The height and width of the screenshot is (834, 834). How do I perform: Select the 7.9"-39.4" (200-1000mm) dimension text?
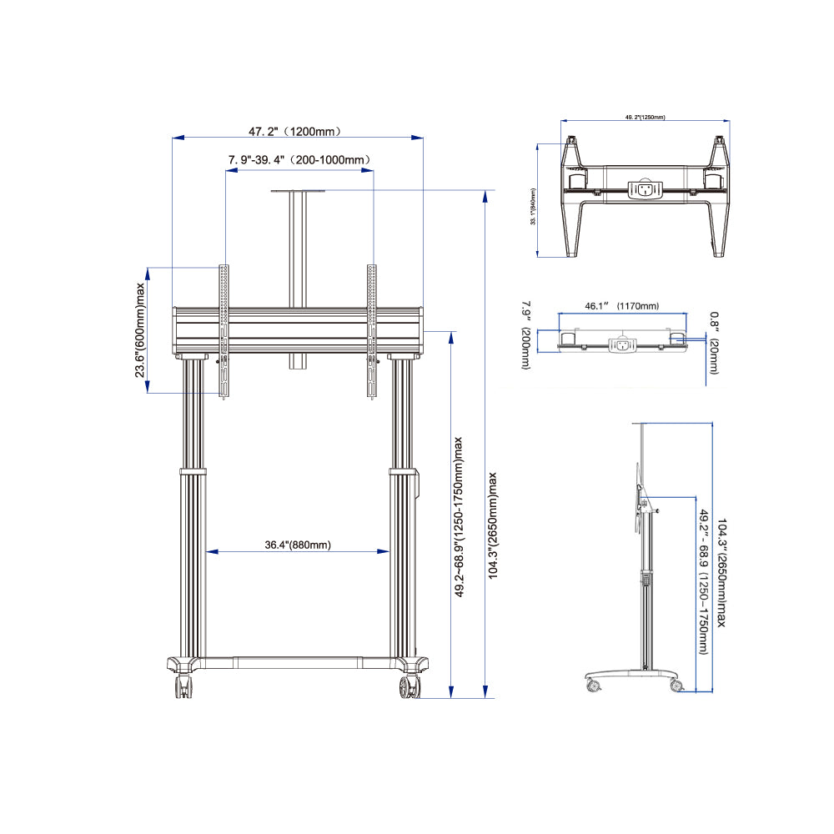[299, 159]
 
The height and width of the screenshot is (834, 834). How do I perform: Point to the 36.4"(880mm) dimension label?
[298, 545]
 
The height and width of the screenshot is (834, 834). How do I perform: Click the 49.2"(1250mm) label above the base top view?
[644, 118]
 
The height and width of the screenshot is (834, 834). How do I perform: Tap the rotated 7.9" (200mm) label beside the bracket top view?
[525, 335]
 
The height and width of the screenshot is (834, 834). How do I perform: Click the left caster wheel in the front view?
[182, 687]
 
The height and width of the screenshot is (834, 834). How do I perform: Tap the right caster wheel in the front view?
[409, 687]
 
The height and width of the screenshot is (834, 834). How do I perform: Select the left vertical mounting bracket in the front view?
[223, 332]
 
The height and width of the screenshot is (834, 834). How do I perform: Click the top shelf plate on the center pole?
[297, 191]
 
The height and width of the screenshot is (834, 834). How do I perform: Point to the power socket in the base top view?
[643, 190]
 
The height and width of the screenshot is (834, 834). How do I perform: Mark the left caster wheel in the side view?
[593, 686]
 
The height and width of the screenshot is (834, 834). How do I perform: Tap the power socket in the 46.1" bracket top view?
[621, 344]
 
